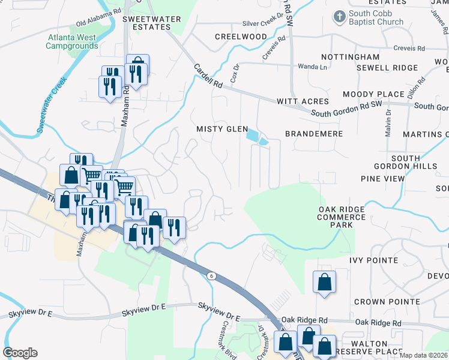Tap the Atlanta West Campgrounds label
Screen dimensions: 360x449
pyautogui.click(x=72, y=41)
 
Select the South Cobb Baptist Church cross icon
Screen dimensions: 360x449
pyautogui.click(x=339, y=16)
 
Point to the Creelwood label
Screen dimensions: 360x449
pyautogui.click(x=241, y=37)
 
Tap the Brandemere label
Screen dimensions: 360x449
pyautogui.click(x=313, y=134)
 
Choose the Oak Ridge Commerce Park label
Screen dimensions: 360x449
pyautogui.click(x=341, y=217)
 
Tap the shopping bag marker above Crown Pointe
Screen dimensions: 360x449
pyautogui.click(x=324, y=282)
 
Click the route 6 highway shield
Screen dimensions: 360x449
pyautogui.click(x=211, y=275)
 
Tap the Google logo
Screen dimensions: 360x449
pyautogui.click(x=20, y=353)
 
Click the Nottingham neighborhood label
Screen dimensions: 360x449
pyautogui.click(x=350, y=57)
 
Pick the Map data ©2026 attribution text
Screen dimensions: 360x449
pyautogui.click(x=423, y=355)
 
